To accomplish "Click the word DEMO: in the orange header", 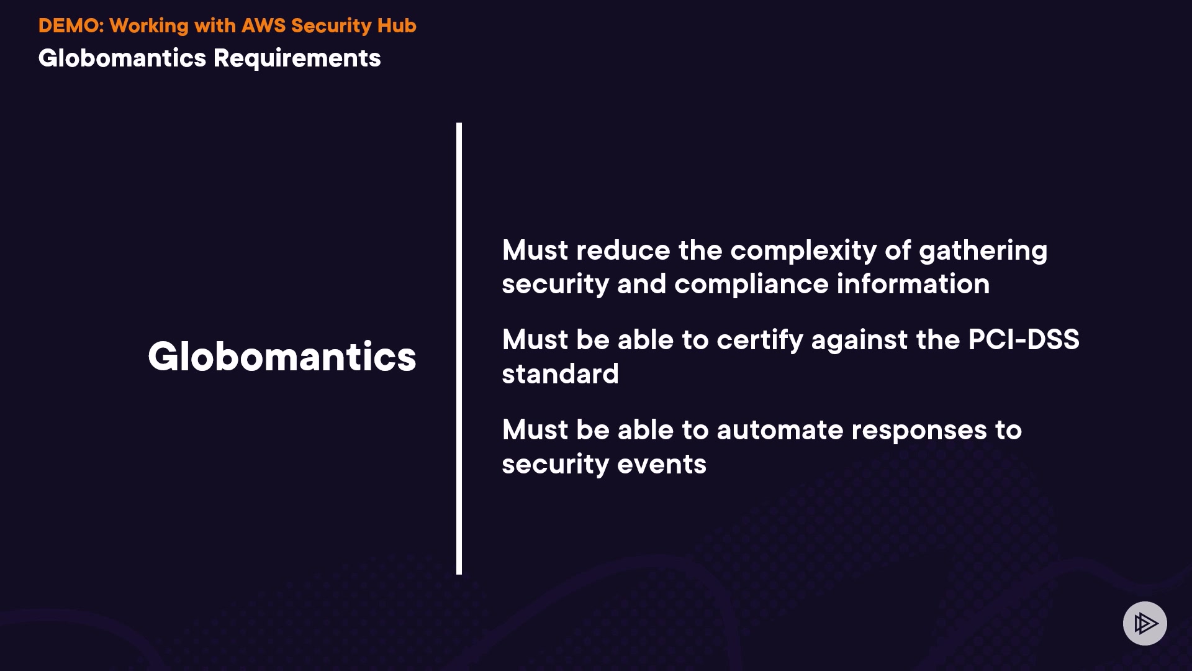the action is (71, 25).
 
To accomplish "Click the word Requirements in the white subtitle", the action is (297, 58).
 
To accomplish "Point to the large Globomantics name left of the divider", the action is (282, 357).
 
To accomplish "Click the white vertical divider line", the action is (459, 349).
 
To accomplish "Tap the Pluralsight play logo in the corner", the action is (1145, 623).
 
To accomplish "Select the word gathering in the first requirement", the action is (983, 251).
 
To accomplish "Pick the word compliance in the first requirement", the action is (751, 285).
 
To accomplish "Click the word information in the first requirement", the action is (913, 284).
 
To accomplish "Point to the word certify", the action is (760, 340).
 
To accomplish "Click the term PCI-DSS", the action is (1024, 340).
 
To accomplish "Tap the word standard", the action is (560, 374).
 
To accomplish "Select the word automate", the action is (780, 430).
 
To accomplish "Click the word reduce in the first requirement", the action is (623, 250).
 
